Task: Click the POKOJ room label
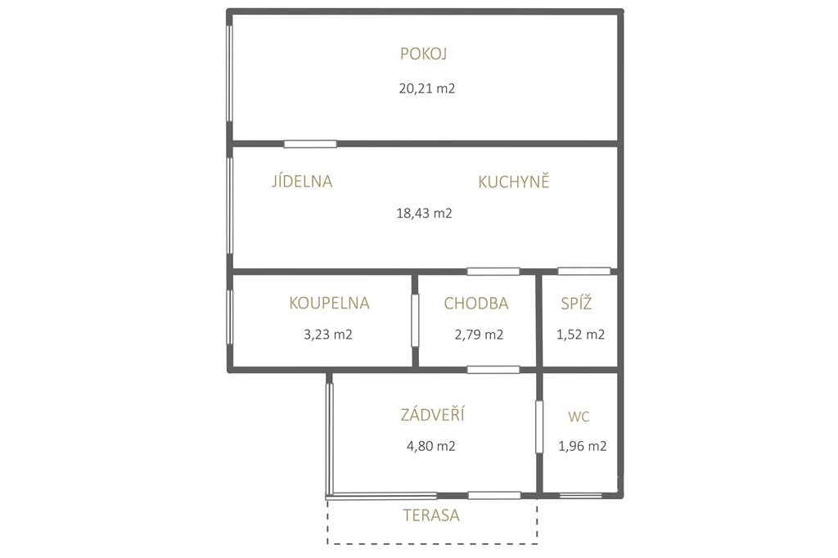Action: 423,54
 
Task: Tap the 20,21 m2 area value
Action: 427,88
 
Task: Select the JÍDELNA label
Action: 302,181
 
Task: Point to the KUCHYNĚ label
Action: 514,181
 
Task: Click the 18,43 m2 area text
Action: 425,214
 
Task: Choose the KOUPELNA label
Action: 329,303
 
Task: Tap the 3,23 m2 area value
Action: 327,335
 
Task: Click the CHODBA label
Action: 476,304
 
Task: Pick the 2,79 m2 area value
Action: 479,335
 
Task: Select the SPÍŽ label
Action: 576,303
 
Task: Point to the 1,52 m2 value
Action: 580,335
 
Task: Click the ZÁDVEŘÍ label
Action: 432,414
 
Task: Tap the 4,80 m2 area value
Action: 430,446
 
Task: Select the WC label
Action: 579,417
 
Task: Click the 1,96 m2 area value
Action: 583,446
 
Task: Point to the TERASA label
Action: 430,515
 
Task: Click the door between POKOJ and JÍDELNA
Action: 310,144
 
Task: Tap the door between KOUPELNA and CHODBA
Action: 415,321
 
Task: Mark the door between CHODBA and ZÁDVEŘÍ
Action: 493,369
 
